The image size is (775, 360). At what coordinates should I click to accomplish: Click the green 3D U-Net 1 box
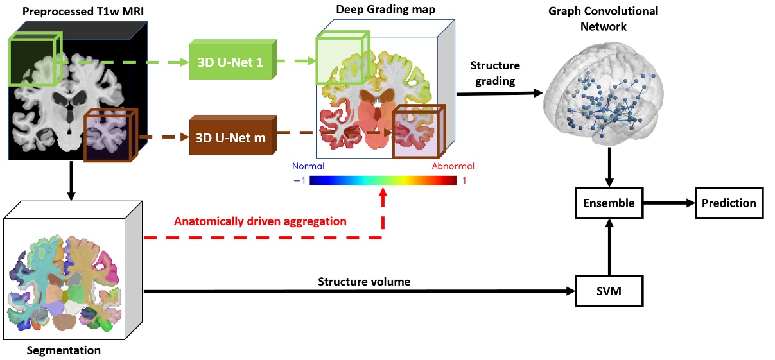click(232, 62)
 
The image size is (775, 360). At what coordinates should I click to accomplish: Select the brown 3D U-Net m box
click(232, 136)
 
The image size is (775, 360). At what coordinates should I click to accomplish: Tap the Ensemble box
click(609, 203)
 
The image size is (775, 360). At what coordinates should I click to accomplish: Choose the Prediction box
click(729, 203)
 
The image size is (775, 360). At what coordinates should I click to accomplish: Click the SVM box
click(609, 293)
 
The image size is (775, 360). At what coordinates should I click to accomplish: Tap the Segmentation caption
click(64, 351)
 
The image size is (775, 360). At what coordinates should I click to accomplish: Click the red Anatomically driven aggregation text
click(260, 221)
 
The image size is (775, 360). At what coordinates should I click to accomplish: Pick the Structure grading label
click(495, 73)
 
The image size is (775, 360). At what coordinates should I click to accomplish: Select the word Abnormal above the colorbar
click(453, 166)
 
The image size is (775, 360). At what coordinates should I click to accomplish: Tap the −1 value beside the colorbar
click(300, 180)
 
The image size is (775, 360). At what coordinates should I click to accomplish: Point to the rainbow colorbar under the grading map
click(383, 180)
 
